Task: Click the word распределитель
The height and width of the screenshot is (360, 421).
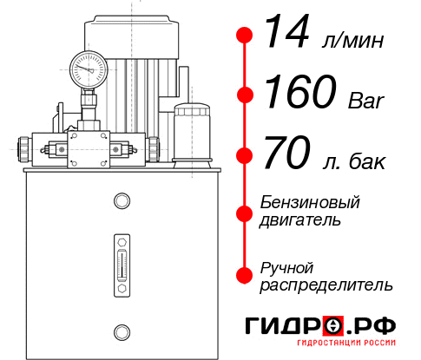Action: coord(326,285)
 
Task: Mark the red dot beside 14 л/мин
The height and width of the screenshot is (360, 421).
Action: coord(245,36)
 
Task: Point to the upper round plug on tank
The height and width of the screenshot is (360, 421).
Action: coord(121,201)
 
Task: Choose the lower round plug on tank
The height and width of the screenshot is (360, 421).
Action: coord(121,331)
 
